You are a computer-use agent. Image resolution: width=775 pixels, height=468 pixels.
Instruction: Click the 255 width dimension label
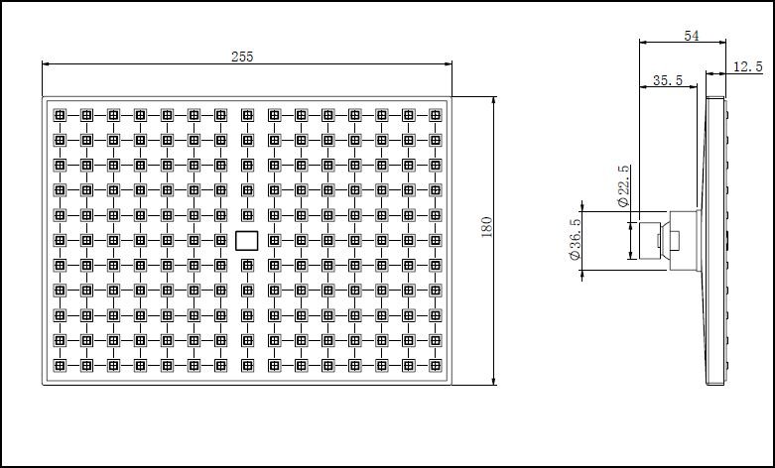[242, 57]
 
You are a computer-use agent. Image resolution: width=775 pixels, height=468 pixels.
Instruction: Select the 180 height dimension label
[486, 228]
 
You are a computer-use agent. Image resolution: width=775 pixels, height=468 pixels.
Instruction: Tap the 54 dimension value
[692, 36]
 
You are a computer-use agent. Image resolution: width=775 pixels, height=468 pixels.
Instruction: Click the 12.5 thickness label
[747, 66]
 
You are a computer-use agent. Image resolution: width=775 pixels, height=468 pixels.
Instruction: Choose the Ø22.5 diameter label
[623, 186]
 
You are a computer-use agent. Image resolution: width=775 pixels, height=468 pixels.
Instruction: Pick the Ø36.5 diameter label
[576, 241]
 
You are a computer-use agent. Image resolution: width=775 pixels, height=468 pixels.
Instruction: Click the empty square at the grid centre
[247, 239]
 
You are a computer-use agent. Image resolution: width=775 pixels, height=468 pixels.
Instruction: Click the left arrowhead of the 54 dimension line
[642, 43]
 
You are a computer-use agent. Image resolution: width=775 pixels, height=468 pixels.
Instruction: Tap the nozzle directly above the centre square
[247, 214]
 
